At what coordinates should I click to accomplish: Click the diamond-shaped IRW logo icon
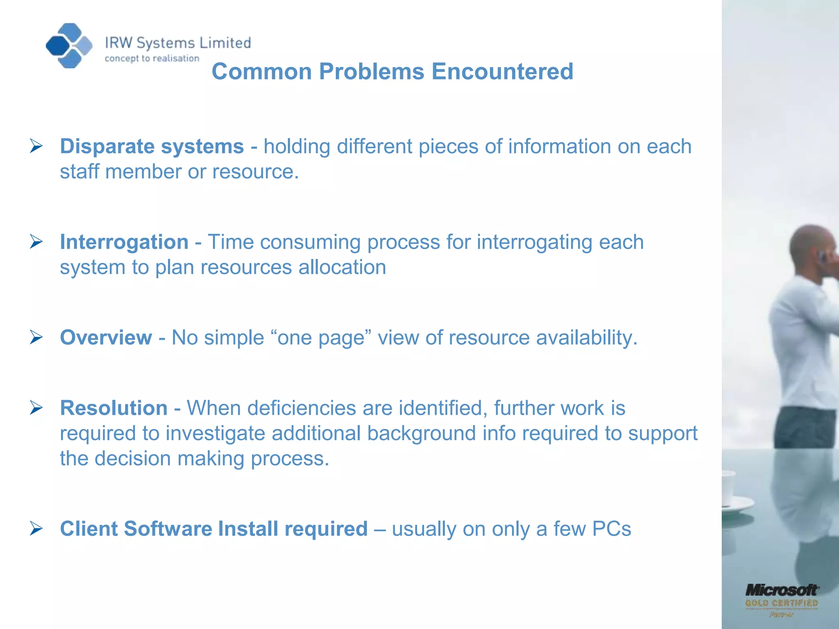coord(69,45)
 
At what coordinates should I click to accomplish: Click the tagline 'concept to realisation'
coord(152,59)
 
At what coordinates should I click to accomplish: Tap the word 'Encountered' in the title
coord(502,71)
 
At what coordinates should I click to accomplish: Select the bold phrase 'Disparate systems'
coord(152,146)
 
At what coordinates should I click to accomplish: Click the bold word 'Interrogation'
coord(124,242)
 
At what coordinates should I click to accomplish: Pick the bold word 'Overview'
coord(106,337)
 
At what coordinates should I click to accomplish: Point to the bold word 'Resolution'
coord(114,408)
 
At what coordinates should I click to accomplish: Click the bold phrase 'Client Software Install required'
coord(213,528)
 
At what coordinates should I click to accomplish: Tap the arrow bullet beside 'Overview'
coord(36,337)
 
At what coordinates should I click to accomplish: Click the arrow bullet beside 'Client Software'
coord(36,529)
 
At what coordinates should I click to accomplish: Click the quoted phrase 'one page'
coord(321,338)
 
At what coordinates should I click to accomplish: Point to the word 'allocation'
coord(342,267)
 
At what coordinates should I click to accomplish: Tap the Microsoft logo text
coord(781,590)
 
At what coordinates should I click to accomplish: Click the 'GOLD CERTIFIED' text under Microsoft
coord(781,603)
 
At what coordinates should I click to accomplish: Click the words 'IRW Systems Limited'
coord(178,43)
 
